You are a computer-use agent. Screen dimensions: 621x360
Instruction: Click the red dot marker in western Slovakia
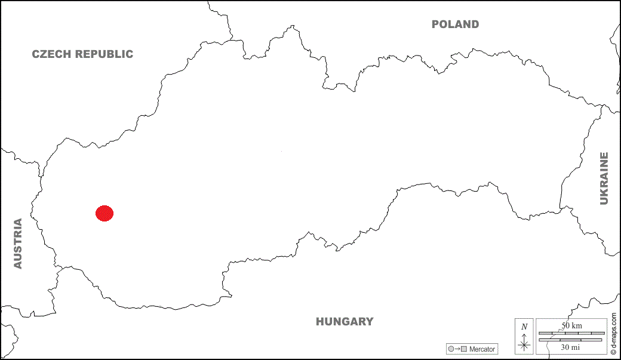coord(104,213)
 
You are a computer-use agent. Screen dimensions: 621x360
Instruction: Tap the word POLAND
coord(455,24)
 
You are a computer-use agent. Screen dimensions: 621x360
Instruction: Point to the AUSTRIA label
coord(18,244)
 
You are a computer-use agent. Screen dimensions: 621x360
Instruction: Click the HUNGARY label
coord(345,322)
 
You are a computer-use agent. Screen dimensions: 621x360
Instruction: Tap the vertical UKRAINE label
coord(604,179)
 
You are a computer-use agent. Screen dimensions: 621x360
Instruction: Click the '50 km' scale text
coord(571,325)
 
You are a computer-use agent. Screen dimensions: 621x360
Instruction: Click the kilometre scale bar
coord(571,333)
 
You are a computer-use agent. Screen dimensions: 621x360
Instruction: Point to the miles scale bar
coord(571,340)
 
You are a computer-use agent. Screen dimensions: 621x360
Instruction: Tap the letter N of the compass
coord(524,327)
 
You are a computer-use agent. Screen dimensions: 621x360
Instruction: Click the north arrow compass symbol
coord(524,343)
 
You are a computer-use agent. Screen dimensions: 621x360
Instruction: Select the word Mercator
coord(482,349)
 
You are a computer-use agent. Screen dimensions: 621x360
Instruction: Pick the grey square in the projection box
coord(463,349)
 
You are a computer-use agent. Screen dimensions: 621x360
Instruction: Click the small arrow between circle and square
coord(457,349)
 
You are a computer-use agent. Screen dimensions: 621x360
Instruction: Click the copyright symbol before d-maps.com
coord(613,353)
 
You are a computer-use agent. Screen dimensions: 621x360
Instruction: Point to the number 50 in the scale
coord(565,325)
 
